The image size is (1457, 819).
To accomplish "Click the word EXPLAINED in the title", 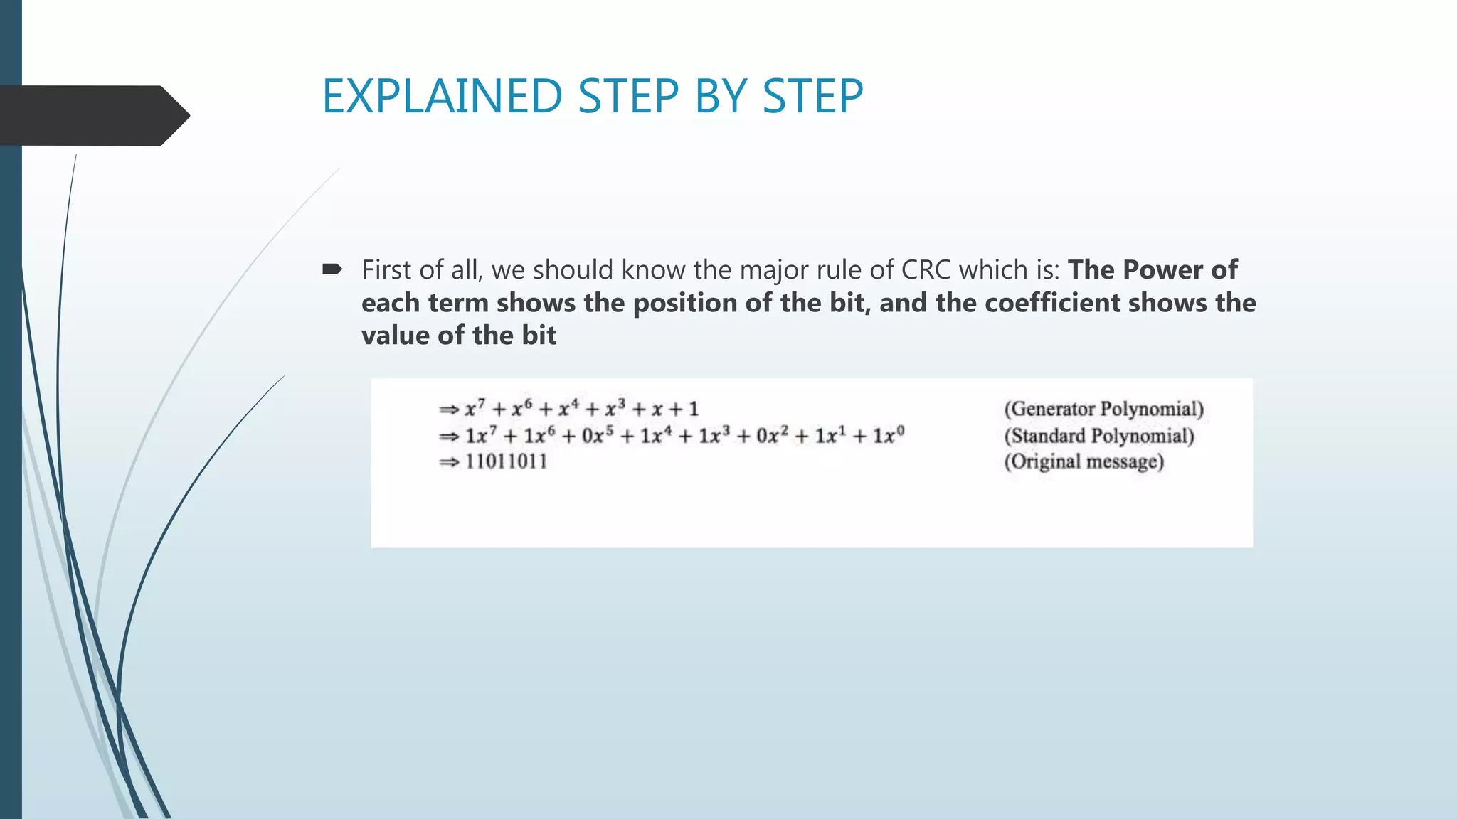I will click(442, 96).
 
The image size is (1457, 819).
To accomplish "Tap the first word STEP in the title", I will click(627, 96).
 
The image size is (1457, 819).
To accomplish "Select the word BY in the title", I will click(719, 96).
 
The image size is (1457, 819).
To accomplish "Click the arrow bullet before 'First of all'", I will click(332, 269).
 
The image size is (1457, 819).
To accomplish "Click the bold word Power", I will click(1162, 270).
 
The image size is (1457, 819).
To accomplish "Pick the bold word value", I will click(396, 336).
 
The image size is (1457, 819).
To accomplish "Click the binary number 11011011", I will click(506, 462).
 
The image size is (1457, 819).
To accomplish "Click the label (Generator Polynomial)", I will click(1103, 409).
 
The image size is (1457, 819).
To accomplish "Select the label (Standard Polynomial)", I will click(1098, 436).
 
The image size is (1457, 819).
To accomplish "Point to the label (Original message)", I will click(1084, 462).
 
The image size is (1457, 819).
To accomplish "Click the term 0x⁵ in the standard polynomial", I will click(598, 435).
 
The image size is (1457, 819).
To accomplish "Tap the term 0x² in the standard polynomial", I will click(772, 435).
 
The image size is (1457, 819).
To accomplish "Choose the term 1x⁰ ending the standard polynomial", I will click(889, 435).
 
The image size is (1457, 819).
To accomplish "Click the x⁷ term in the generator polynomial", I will click(475, 409).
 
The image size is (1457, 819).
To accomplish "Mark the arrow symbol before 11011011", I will click(449, 463).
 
